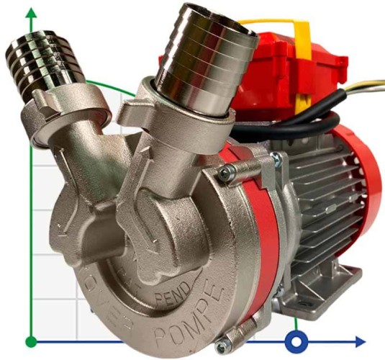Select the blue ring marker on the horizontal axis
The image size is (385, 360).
[x=295, y=340]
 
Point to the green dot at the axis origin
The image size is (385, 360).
[x=30, y=341]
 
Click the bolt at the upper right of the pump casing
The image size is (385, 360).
[x=229, y=171]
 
